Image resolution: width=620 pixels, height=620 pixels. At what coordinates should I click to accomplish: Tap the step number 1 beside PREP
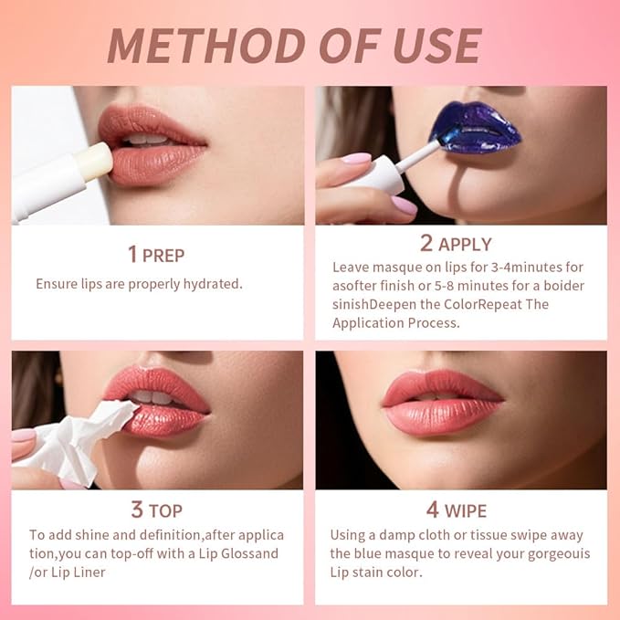click(132, 253)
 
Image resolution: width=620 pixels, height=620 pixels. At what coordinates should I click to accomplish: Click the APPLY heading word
click(465, 244)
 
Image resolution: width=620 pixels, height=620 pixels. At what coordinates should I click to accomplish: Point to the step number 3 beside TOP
click(137, 510)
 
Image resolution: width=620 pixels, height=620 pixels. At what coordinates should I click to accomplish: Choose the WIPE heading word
click(465, 510)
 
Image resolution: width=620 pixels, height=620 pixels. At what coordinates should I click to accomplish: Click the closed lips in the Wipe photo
click(444, 403)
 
